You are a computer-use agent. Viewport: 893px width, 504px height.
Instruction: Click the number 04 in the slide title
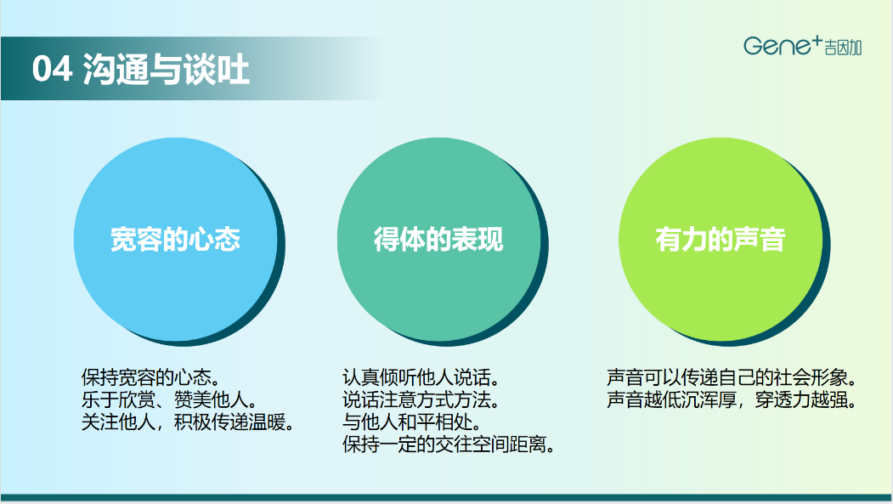pyautogui.click(x=53, y=69)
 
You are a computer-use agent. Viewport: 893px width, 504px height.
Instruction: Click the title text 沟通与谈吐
pyautogui.click(x=166, y=70)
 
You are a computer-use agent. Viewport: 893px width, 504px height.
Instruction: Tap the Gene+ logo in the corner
pyautogui.click(x=802, y=45)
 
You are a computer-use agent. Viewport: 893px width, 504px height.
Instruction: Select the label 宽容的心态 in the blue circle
pyautogui.click(x=175, y=239)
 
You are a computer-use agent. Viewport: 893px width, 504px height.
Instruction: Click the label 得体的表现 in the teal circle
pyautogui.click(x=438, y=239)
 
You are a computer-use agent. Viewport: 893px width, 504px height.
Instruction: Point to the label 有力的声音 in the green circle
pyautogui.click(x=721, y=239)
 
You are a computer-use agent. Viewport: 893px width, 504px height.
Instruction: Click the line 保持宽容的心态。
pyautogui.click(x=151, y=377)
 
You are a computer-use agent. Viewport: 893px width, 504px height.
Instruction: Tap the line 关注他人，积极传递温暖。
pyautogui.click(x=188, y=422)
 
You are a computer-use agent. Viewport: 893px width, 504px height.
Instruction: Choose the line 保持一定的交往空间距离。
pyautogui.click(x=449, y=445)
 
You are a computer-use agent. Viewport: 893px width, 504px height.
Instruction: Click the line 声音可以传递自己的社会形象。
pyautogui.click(x=732, y=377)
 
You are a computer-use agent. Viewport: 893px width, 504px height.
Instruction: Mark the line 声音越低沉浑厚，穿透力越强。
pyautogui.click(x=732, y=399)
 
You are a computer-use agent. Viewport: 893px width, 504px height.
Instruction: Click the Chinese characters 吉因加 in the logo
pyautogui.click(x=844, y=48)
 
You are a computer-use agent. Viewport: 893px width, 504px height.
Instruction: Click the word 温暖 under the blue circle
pyautogui.click(x=267, y=422)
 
